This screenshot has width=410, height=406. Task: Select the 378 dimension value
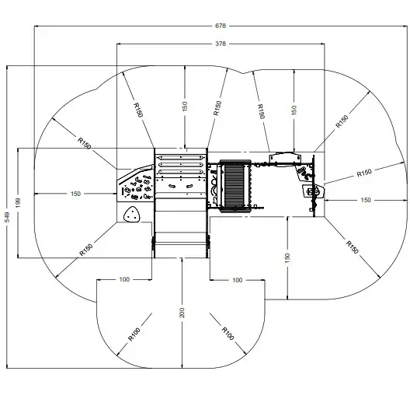221,44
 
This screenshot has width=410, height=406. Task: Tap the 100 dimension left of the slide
124,278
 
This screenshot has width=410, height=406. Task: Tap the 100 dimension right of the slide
237,278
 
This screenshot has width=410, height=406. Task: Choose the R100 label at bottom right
227,331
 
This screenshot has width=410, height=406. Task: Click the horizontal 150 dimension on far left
75,193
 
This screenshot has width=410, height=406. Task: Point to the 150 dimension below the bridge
287,257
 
